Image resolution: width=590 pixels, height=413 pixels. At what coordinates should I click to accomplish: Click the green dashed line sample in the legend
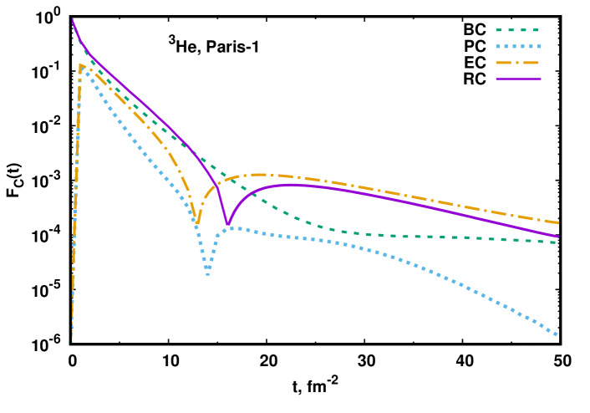point(518,30)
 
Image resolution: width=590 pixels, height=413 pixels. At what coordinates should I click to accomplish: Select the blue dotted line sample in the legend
point(518,47)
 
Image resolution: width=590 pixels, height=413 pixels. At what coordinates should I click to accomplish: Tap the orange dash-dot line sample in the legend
point(518,63)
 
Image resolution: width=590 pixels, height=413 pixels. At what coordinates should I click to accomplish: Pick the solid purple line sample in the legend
point(518,79)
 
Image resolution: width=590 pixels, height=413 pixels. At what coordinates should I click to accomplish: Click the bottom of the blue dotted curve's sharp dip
point(208,273)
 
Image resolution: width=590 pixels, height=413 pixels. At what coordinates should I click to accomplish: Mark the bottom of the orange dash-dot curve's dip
point(197,224)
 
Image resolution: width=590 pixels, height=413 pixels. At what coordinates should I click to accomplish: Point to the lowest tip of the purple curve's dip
point(227,225)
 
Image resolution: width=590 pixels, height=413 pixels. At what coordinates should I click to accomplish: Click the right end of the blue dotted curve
point(557,335)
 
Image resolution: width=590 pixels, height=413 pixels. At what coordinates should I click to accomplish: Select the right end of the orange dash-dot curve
point(557,223)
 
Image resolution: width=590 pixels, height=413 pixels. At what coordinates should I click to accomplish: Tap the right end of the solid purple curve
point(557,237)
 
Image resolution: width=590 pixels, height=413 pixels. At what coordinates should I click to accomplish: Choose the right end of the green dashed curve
point(557,242)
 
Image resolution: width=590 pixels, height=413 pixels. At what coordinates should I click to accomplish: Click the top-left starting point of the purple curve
point(73,19)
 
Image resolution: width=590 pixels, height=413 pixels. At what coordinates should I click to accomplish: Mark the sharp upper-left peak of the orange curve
point(80,64)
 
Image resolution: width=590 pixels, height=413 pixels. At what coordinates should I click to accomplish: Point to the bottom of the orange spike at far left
point(70,341)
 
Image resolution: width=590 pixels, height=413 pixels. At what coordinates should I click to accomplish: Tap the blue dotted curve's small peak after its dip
point(235,227)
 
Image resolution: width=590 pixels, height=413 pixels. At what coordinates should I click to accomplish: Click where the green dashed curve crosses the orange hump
point(225,178)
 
